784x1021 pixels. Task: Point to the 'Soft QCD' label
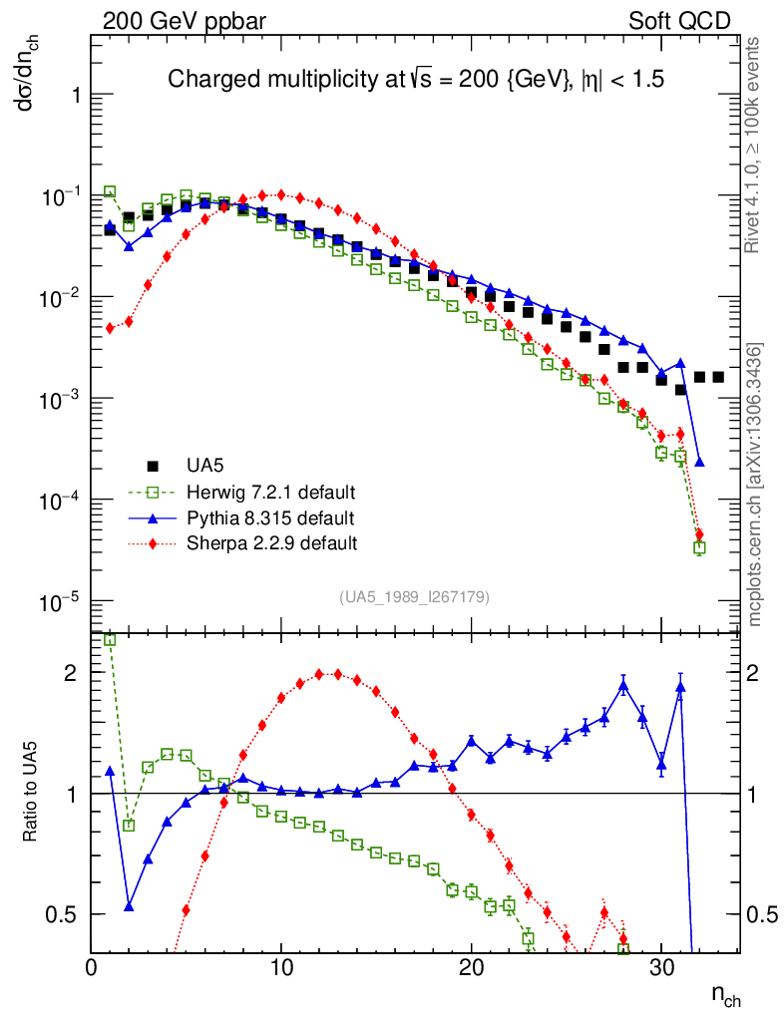point(679,20)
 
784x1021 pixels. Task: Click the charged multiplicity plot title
point(415,79)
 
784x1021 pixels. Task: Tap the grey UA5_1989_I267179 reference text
point(414,597)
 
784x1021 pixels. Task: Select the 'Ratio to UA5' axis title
point(32,793)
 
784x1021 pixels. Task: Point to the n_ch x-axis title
point(726,995)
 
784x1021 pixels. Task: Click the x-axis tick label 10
point(281,967)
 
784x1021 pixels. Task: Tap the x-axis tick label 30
point(660,967)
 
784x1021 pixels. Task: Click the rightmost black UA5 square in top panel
point(718,377)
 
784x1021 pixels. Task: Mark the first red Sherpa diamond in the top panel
point(110,328)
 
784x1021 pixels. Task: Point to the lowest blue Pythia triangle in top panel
point(699,462)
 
